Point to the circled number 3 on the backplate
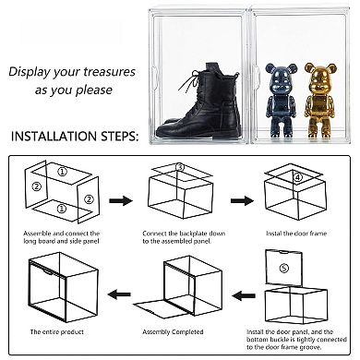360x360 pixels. click(180, 168)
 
